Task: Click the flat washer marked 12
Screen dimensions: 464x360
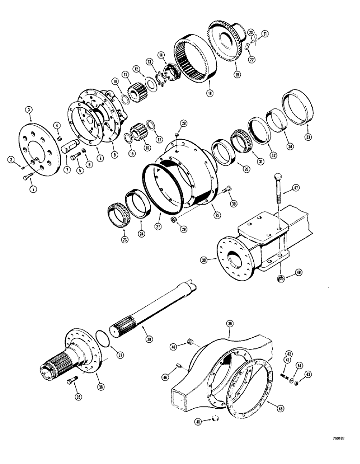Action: click(x=149, y=82)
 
